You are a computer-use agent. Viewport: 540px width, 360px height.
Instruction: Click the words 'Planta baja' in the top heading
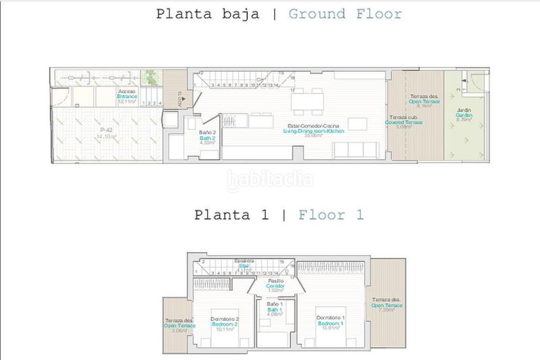[x=207, y=14]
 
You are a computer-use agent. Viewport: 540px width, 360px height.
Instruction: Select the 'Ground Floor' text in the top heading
[x=346, y=14]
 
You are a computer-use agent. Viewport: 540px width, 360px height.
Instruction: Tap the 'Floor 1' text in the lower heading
[x=331, y=215]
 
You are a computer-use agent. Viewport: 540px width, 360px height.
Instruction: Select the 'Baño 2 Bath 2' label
[x=209, y=137]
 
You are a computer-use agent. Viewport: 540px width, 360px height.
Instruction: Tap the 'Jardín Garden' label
[x=464, y=115]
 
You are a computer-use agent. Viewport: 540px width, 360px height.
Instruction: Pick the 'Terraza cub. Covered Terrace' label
[x=425, y=122]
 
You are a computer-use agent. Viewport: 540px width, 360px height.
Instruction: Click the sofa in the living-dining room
[x=351, y=149]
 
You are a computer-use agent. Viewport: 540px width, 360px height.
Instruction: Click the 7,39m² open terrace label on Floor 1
[x=387, y=305]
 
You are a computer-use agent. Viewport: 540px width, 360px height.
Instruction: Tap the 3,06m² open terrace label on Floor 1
[x=180, y=325]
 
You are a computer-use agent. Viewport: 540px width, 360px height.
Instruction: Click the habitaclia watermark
[x=269, y=179]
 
